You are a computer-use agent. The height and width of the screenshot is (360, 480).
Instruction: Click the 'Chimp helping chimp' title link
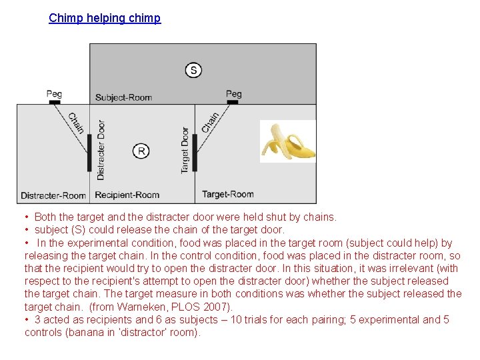point(105,18)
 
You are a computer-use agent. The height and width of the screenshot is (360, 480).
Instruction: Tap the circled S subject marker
point(193,70)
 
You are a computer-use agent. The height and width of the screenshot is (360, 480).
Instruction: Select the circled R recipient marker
point(141,151)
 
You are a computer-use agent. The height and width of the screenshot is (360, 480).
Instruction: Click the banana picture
point(287,141)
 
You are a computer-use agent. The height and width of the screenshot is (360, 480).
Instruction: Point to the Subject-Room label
point(123,97)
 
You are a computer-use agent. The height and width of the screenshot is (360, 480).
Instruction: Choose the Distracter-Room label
point(53,195)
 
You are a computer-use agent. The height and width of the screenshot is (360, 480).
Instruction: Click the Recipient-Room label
point(127,195)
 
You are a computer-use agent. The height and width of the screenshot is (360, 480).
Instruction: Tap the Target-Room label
point(228,195)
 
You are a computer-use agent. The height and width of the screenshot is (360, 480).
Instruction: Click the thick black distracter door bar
point(89,153)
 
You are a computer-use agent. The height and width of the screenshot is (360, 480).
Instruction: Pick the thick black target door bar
point(195,153)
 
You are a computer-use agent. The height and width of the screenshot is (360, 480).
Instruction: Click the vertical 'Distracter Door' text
point(101,150)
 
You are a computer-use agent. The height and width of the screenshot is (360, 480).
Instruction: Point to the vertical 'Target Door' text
point(185,151)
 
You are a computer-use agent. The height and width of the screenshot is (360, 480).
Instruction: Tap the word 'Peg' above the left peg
point(55,93)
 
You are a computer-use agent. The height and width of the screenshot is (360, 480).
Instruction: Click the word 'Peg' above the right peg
point(233,93)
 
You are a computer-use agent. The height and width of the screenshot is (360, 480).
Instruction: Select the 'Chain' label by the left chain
point(77,121)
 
